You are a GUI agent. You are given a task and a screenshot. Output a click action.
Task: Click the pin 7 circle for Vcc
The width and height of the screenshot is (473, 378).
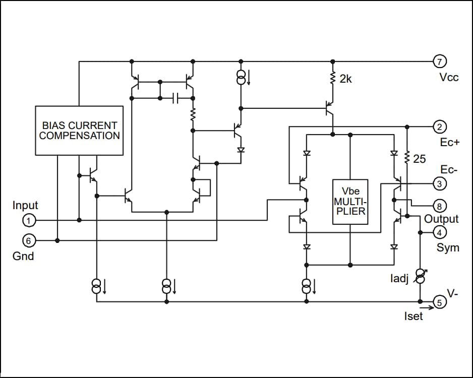tap(439, 61)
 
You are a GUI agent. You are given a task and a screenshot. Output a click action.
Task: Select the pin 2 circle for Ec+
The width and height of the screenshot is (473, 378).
tap(439, 126)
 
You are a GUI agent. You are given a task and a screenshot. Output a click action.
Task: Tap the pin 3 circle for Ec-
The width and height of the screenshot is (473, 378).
tap(439, 184)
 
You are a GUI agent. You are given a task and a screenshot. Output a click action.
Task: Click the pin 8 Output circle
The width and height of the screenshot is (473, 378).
tap(439, 206)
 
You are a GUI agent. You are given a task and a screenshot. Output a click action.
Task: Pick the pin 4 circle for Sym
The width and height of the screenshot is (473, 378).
tap(439, 232)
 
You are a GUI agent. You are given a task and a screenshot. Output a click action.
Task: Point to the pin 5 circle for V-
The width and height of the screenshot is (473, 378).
tap(439, 302)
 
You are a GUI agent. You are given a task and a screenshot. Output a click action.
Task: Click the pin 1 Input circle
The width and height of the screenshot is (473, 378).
tap(29, 220)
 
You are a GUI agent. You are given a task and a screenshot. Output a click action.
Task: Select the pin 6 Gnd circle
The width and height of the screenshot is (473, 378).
tap(29, 240)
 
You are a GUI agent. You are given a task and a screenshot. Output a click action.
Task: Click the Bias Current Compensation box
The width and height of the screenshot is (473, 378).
tap(79, 130)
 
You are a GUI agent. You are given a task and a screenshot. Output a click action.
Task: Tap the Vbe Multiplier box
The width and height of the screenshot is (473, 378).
tap(350, 202)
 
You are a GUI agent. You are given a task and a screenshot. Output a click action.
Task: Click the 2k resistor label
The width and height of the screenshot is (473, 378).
tap(345, 79)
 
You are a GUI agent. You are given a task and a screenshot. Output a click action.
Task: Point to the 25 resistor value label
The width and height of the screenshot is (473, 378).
tap(420, 159)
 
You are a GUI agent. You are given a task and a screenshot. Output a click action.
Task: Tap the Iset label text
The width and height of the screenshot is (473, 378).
tap(413, 316)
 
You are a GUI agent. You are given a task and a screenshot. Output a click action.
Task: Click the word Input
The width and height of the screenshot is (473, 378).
tap(25, 206)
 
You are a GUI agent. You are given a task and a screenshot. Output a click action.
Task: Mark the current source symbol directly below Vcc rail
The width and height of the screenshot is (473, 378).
tap(241, 77)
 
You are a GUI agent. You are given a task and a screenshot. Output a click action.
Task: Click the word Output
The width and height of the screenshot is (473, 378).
tap(441, 219)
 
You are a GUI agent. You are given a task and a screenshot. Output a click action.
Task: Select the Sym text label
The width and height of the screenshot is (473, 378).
tap(448, 247)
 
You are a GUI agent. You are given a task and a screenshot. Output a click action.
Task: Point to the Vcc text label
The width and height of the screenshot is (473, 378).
tap(449, 78)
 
